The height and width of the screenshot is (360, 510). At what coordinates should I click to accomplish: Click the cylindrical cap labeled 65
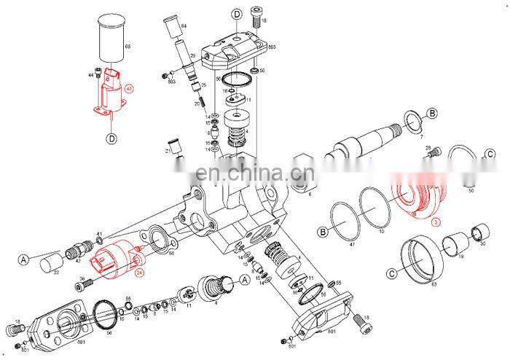pyautogui.click(x=111, y=36)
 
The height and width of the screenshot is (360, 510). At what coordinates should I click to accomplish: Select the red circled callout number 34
pyautogui.click(x=139, y=273)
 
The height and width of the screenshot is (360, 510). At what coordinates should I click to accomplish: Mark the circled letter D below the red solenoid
pyautogui.click(x=111, y=138)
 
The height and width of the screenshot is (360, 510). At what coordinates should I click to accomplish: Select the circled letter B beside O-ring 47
pyautogui.click(x=321, y=233)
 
